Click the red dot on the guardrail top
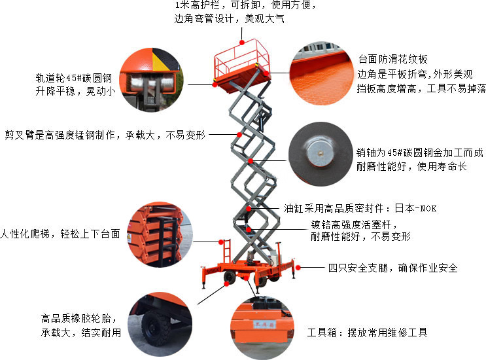tap(242, 42)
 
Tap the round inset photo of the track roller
tap(151, 79)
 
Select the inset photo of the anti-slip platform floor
tap(321, 73)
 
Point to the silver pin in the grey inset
tap(321, 153)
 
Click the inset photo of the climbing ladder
tap(160, 235)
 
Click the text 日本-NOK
tap(415, 208)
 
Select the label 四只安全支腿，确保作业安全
tap(392, 268)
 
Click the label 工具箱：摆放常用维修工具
tap(368, 333)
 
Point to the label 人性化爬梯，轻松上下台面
tap(60, 234)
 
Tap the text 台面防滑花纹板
tap(392, 59)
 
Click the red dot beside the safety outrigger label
tap(298, 268)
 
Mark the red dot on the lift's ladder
tap(221, 242)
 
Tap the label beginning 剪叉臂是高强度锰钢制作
tap(105, 135)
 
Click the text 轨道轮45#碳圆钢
tap(73, 78)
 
